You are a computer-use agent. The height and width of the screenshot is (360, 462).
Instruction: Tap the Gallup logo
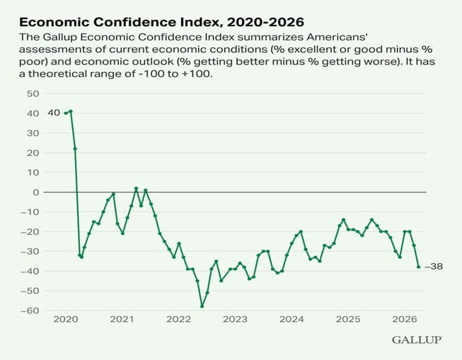[x=417, y=340]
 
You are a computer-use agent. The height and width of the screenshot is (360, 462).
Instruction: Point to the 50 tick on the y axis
[x=32, y=93]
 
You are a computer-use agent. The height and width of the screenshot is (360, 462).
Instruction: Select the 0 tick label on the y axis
[x=35, y=192]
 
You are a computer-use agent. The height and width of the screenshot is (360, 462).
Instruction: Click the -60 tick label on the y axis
[x=30, y=310]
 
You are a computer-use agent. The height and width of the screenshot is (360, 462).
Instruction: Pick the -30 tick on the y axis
[x=30, y=251]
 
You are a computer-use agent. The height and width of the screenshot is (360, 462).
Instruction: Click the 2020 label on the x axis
[x=66, y=320]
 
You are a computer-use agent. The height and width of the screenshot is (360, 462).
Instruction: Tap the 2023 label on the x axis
[x=235, y=320]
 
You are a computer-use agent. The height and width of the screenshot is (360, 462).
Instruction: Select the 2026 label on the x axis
[x=404, y=320]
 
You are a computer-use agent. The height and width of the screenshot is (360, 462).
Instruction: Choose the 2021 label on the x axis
[x=122, y=320]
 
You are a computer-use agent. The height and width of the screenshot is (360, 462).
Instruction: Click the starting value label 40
[x=54, y=112]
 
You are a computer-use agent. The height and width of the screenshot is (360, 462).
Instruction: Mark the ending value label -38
[x=433, y=267]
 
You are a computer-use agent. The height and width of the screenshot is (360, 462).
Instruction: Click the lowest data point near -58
[x=202, y=306]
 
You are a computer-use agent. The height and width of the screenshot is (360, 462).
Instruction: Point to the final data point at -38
[x=419, y=267]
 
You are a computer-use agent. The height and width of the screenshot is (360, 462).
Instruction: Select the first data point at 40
[x=66, y=113]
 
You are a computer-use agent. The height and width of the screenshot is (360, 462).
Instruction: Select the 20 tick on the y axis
[x=32, y=152]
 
